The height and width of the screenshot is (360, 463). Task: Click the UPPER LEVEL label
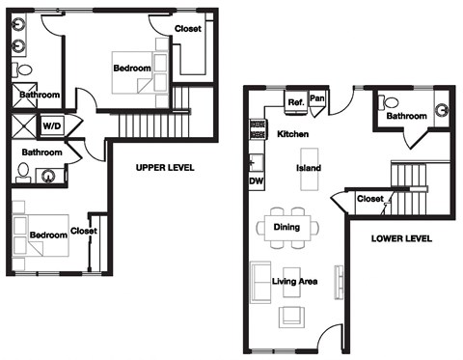point(164,167)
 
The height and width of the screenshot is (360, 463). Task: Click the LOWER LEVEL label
point(400,238)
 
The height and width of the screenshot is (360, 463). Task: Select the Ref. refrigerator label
point(296,101)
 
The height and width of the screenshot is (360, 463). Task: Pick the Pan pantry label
point(317,97)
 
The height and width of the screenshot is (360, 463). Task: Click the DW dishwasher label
point(257,180)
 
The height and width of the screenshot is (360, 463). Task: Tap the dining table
point(286,227)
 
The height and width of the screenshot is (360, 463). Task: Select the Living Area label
point(295,281)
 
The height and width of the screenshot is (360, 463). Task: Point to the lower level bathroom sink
point(443,110)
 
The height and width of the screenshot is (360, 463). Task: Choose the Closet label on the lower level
point(369,199)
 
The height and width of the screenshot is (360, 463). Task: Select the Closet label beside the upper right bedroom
point(188,28)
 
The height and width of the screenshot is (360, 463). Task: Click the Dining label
point(286,228)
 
